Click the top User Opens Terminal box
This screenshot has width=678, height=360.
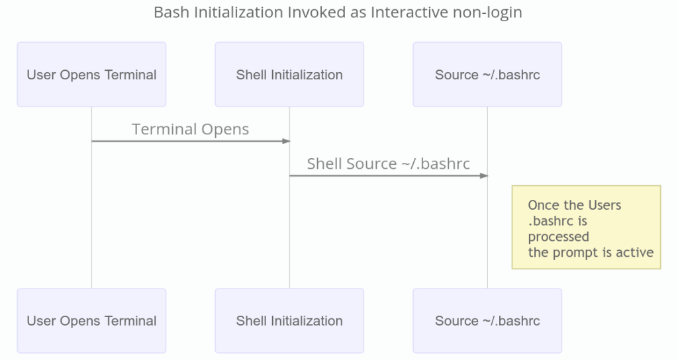[91, 74]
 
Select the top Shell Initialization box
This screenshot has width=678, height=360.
[289, 74]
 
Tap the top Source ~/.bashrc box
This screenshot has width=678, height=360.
[487, 74]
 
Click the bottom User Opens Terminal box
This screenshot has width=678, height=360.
[91, 321]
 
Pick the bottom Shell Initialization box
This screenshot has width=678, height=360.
[289, 321]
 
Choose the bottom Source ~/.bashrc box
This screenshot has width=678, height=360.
[487, 321]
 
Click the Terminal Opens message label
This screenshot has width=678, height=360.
[191, 129]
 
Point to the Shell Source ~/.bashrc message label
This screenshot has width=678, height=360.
[388, 163]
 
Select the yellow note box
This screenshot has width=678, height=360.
[586, 227]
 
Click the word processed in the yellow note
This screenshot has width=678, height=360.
[558, 237]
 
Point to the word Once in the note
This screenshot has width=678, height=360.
[542, 205]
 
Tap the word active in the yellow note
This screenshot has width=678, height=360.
[637, 252]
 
